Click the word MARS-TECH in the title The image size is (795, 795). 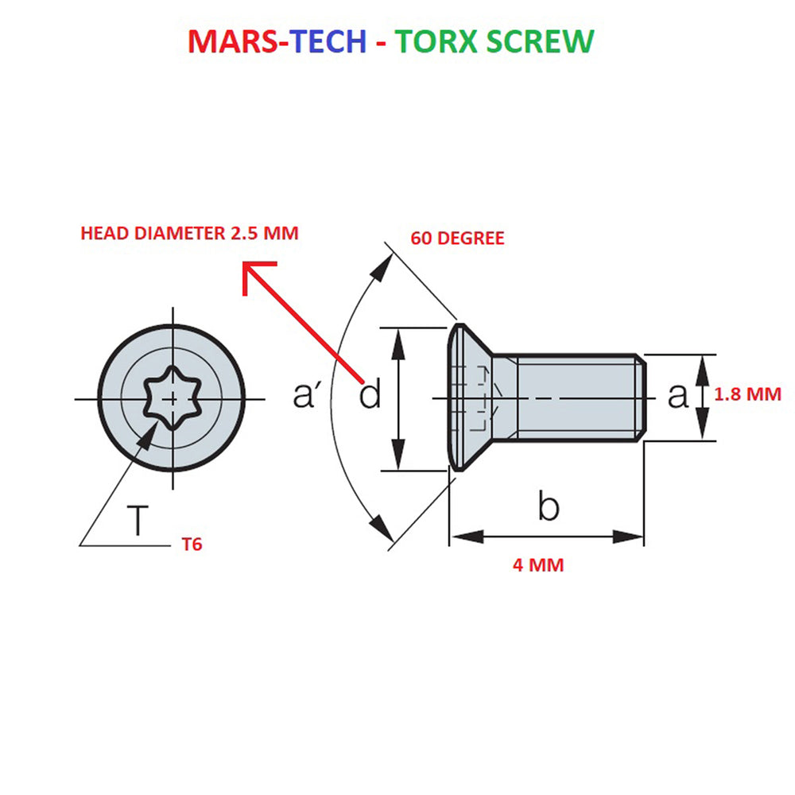click(277, 41)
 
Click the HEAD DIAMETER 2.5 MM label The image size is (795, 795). click(190, 233)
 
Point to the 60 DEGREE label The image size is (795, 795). click(457, 238)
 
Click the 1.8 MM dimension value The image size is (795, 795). click(748, 394)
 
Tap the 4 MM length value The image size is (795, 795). click(538, 564)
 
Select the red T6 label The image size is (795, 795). click(192, 545)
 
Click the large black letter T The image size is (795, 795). click(138, 520)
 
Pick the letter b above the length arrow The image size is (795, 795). click(549, 506)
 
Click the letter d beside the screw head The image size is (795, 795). click(370, 394)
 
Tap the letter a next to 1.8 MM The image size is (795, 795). click(678, 396)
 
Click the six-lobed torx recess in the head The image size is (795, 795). click(173, 398)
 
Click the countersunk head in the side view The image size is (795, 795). click(470, 397)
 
